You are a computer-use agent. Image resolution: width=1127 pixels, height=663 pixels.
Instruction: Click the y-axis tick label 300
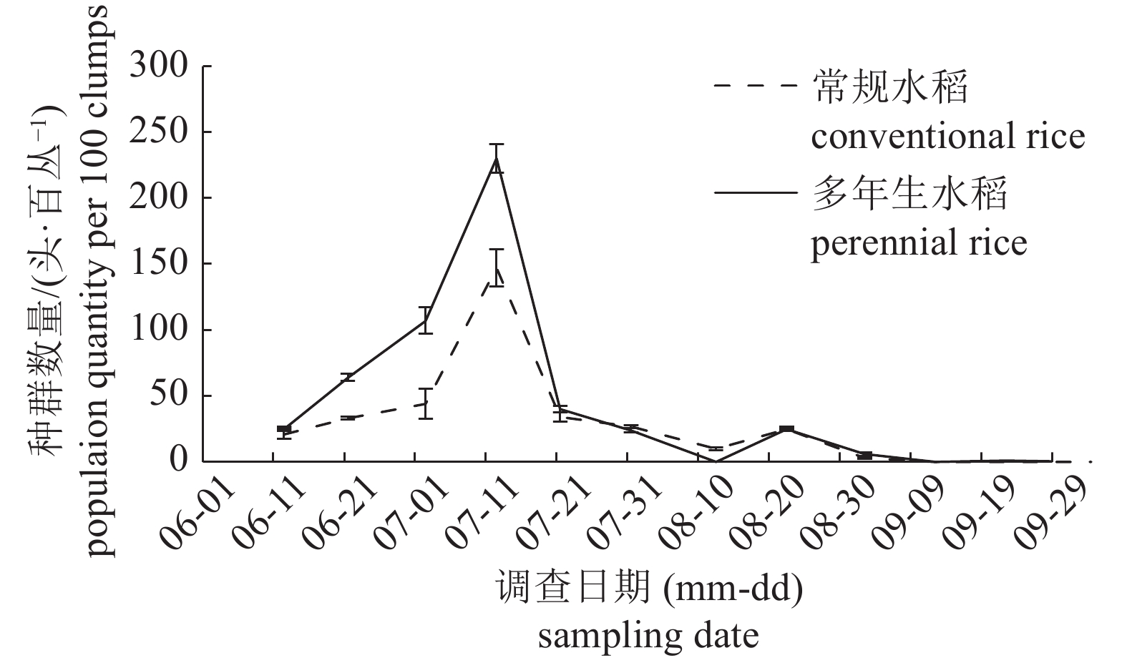(159, 67)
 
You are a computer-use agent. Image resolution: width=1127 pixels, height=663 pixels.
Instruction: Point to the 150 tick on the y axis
(159, 264)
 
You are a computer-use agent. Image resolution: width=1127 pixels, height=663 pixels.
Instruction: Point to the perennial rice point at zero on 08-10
(716, 461)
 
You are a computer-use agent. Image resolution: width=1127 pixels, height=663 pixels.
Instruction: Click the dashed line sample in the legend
(754, 85)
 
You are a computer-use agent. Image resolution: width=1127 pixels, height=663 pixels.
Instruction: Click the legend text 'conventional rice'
(947, 135)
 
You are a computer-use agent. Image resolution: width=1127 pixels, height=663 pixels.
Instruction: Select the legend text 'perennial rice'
(918, 242)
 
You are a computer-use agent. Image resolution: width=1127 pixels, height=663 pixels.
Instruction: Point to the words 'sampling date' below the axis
(648, 634)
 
